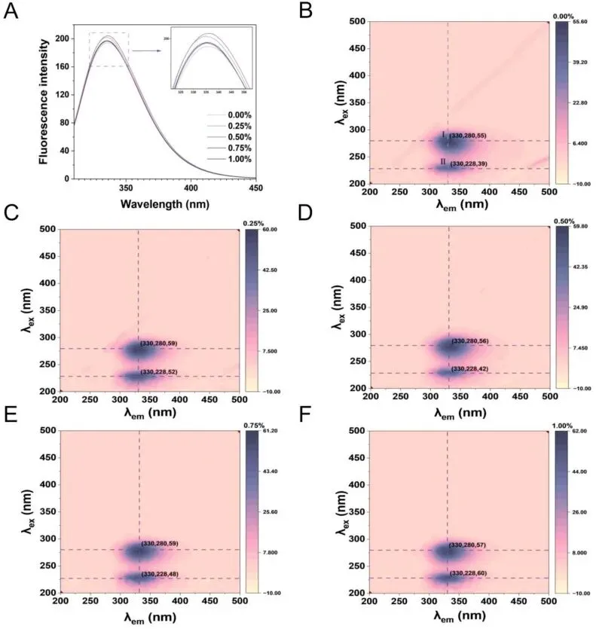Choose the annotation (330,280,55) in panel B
(468, 136)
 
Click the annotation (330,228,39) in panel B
(468, 163)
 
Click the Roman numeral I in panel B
(445, 136)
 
